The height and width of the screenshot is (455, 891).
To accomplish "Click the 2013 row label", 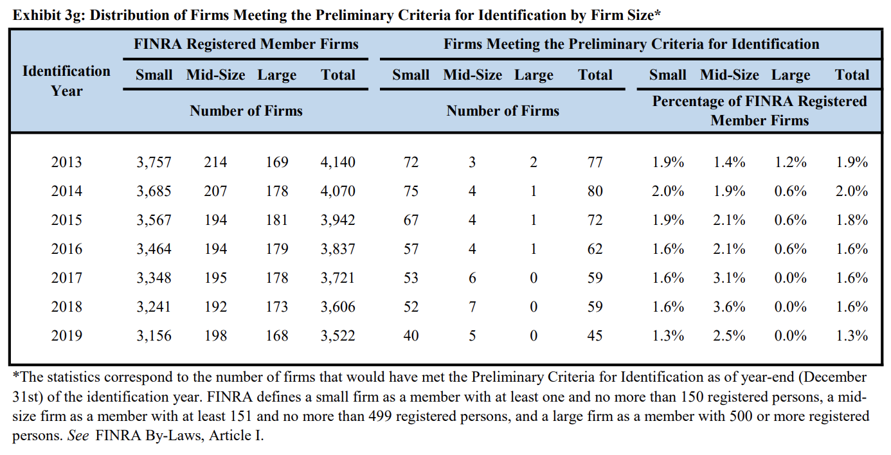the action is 66,163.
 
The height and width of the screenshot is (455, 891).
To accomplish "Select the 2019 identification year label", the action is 66,335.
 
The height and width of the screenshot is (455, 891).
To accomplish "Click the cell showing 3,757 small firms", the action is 154,163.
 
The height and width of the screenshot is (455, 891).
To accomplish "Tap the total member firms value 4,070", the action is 337,192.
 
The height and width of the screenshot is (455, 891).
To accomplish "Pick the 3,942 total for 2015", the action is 337,220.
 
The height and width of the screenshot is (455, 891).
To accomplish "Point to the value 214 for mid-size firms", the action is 215,163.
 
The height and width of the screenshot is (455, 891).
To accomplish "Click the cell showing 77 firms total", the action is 595,163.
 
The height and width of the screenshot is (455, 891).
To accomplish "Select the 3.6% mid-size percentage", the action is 729,307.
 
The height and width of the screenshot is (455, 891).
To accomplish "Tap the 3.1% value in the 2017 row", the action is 729,278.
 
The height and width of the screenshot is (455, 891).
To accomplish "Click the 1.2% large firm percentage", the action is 790,163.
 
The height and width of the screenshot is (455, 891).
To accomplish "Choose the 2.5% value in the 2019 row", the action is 729,335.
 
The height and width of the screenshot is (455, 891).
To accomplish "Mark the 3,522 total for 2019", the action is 337,335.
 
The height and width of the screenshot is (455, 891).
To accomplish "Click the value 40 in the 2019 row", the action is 411,335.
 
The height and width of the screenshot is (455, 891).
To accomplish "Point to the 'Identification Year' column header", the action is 66,81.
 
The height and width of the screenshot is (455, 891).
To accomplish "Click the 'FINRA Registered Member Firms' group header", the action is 246,44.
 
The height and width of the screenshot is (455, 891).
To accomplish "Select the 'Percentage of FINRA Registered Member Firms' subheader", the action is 759,111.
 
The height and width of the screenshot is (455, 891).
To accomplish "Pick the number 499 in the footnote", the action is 380,416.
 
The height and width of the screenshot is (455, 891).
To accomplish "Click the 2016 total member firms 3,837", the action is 337,249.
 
